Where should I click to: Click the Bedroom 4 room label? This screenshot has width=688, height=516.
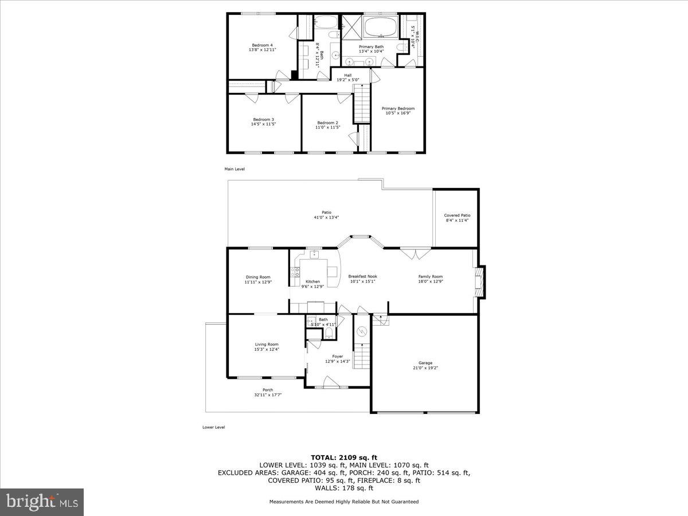[263, 45]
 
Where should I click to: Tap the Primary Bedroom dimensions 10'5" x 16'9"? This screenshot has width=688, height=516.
[398, 113]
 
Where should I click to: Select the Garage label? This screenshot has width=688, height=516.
[425, 362]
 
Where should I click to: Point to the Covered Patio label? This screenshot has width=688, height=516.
[457, 216]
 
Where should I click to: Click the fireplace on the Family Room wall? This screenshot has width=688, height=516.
[480, 282]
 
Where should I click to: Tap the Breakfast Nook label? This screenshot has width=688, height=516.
[363, 276]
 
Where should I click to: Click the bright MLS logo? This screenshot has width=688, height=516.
[42, 502]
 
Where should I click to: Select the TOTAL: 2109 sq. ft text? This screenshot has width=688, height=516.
[344, 457]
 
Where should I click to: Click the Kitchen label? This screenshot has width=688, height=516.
[313, 282]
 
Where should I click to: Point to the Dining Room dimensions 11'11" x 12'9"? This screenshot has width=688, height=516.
[257, 282]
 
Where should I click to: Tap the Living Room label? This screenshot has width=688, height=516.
[267, 345]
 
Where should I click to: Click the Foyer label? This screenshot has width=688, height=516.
[338, 356]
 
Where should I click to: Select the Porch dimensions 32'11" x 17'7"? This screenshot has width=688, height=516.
[268, 395]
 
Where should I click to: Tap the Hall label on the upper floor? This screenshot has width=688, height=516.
[348, 75]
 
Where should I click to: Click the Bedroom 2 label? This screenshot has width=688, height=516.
[328, 123]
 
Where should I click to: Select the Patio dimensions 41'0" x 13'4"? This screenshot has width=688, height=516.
[326, 217]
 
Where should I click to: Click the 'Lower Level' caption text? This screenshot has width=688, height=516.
[213, 427]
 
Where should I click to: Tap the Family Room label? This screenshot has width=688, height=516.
[430, 276]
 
